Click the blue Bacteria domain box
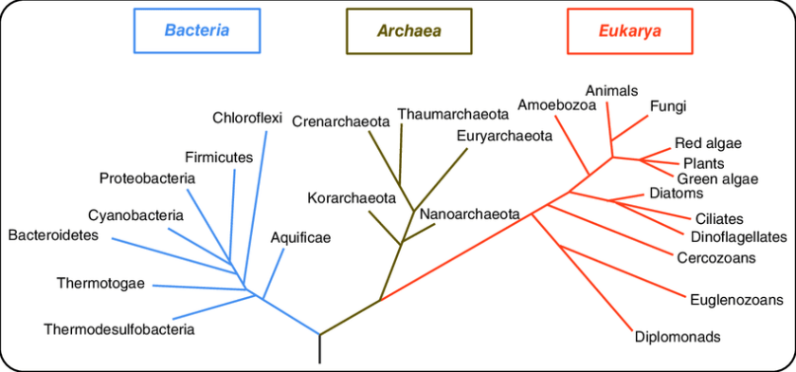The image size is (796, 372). click(197, 29)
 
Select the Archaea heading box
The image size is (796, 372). click(409, 29)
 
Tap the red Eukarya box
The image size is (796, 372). click(629, 29)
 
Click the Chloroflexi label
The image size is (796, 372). click(247, 119)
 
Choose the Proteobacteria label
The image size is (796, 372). click(147, 178)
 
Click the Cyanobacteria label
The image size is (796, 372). click(136, 215)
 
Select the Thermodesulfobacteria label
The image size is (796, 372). click(118, 330)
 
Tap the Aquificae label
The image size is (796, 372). click(300, 238)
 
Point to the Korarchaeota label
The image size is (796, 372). click(351, 198)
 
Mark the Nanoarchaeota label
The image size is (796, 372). click(470, 214)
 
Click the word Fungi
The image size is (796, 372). click(668, 106)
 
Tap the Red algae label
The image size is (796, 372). click(708, 144)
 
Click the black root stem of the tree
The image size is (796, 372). click(319, 349)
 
